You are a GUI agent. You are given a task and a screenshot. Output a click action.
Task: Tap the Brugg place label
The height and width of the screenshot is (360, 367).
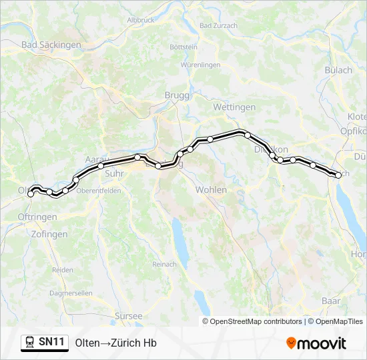point(177,95)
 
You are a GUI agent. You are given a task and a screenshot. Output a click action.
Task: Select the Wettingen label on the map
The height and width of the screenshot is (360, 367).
point(234,107)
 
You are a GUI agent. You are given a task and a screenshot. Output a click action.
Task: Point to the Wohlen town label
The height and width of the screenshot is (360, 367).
point(211,190)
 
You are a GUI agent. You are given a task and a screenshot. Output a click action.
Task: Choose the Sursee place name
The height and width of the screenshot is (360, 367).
point(129,316)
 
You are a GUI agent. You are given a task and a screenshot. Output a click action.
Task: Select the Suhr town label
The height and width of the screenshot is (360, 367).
point(115,173)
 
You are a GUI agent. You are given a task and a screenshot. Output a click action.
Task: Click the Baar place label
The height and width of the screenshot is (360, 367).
point(331,301)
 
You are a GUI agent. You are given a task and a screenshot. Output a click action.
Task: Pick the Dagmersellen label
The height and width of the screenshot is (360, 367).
point(71,293)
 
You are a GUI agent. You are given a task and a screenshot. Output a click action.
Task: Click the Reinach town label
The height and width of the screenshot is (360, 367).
point(164,265)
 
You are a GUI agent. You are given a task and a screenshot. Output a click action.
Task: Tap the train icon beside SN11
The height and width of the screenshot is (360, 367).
point(30,343)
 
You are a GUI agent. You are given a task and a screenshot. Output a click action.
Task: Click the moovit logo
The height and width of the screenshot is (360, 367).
point(316,343)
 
